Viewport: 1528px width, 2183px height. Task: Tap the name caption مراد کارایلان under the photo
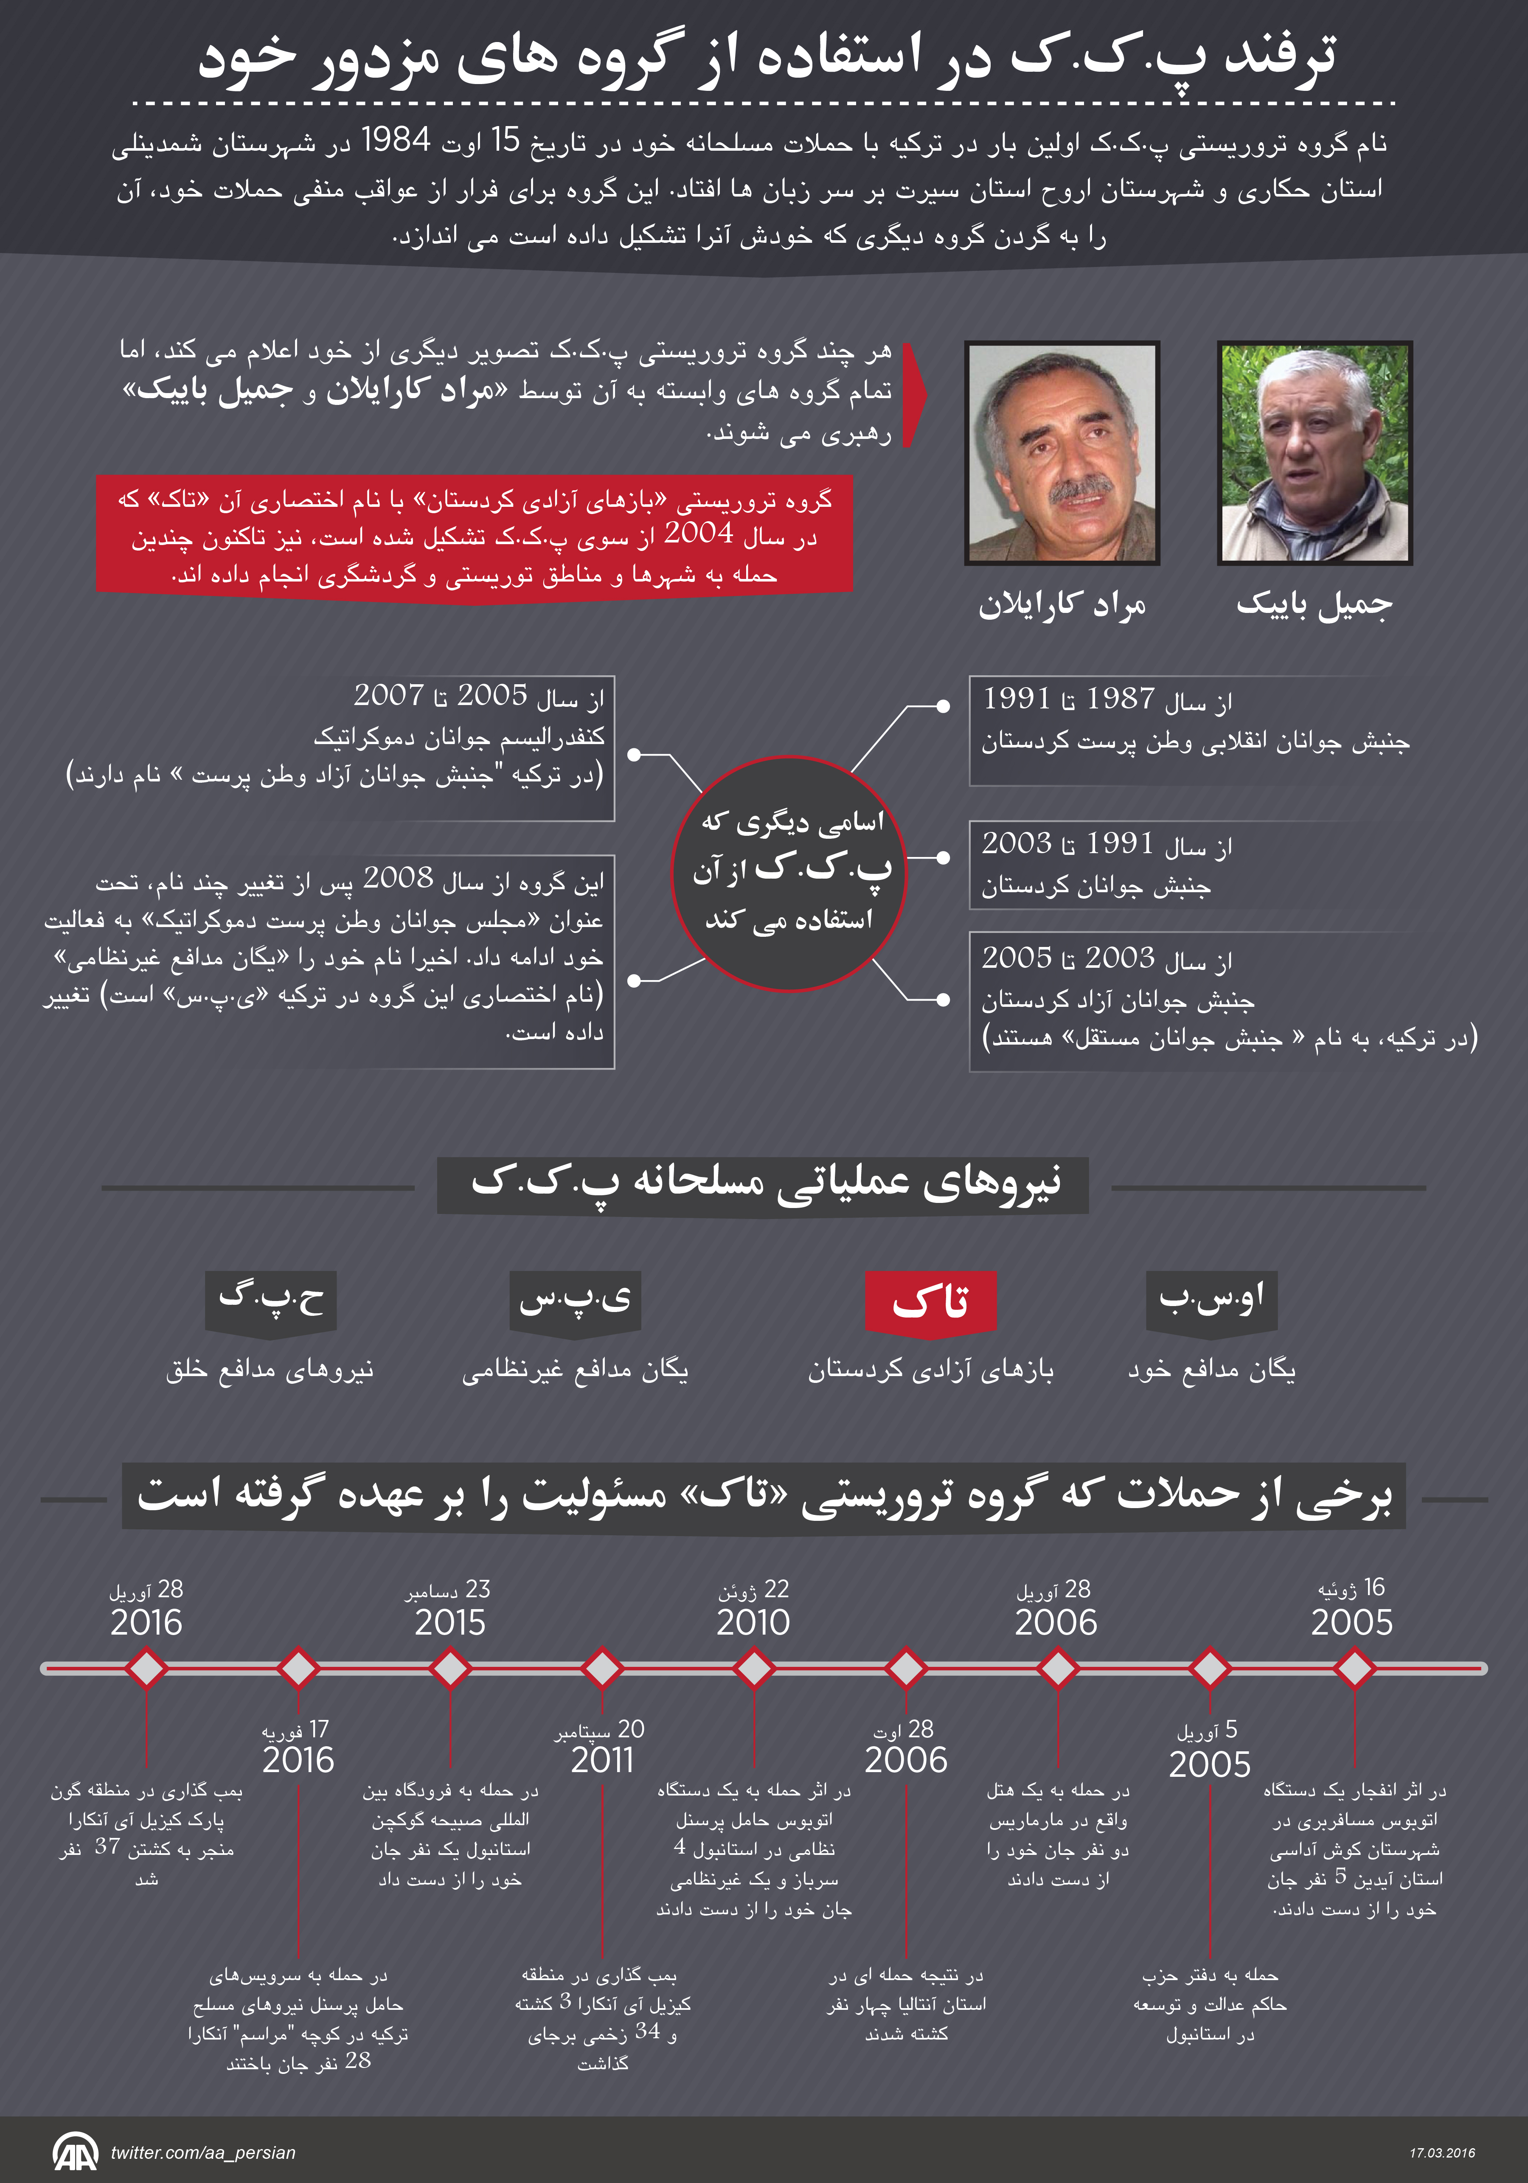click(1062, 606)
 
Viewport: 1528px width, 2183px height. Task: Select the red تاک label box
click(930, 1300)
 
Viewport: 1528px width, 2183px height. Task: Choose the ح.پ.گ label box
click(271, 1300)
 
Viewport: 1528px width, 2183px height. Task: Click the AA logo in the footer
click(75, 2152)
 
